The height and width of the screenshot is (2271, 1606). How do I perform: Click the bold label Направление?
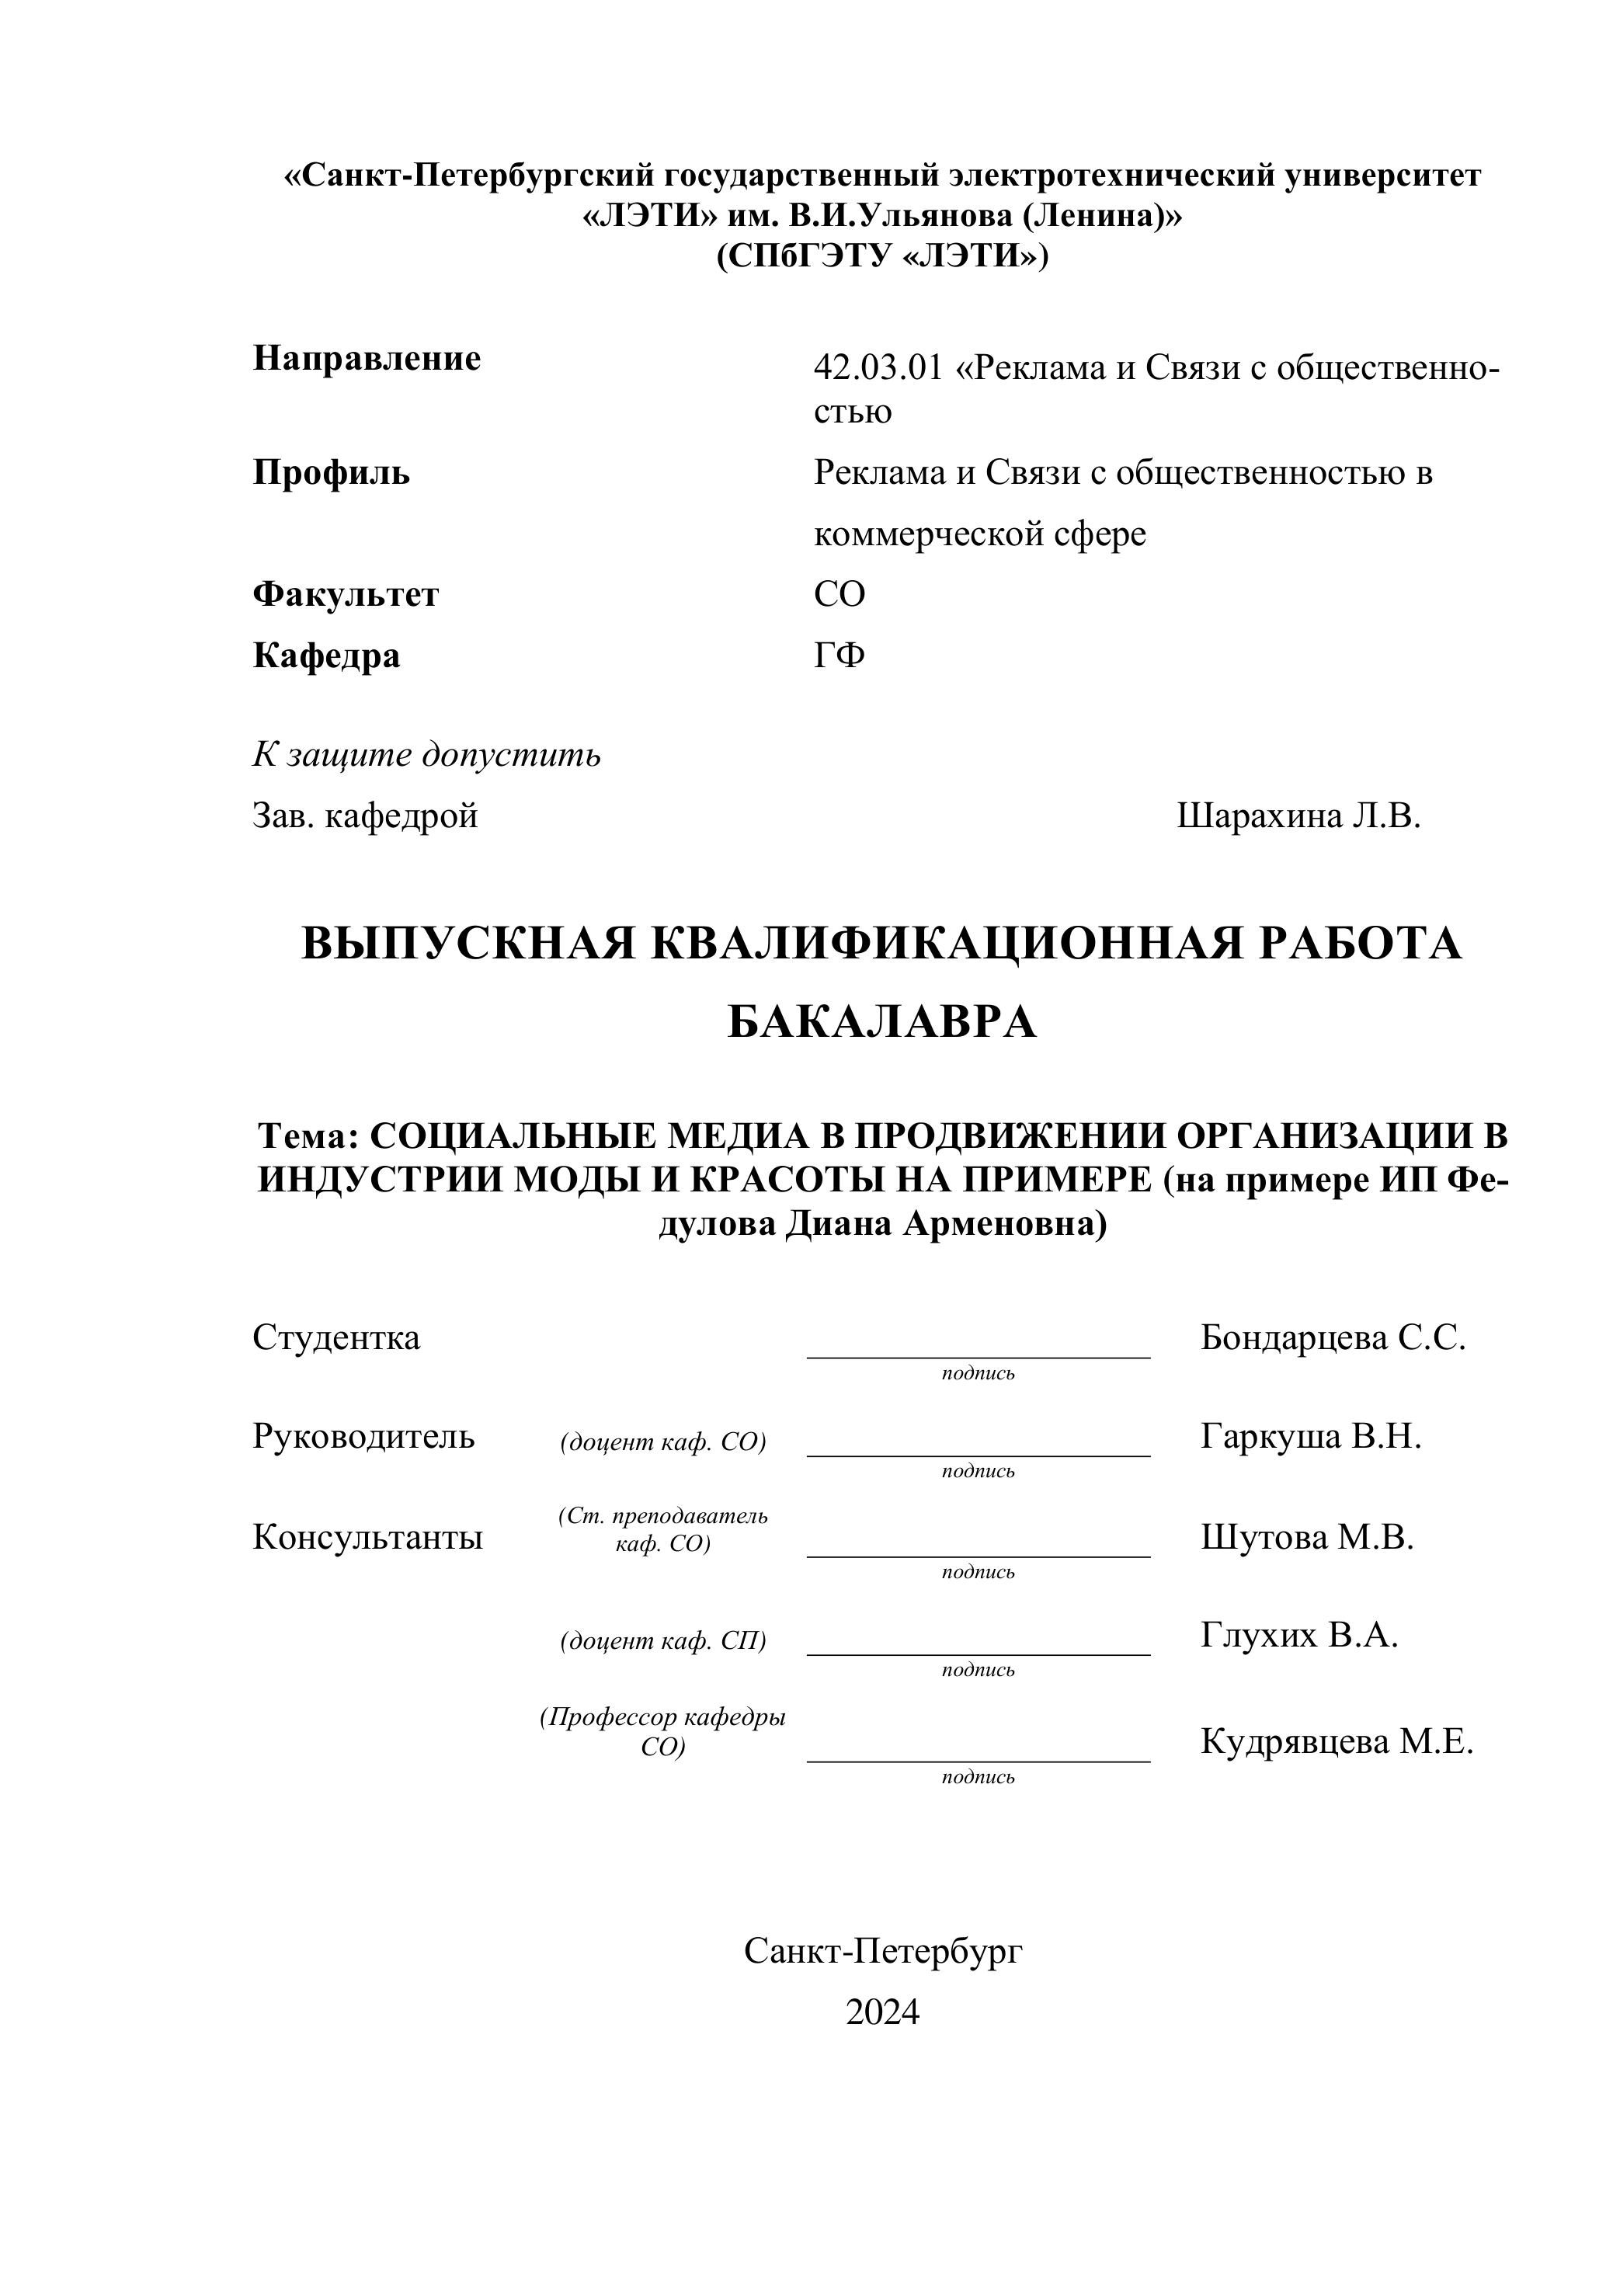[367, 358]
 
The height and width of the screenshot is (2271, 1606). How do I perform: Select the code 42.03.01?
[878, 368]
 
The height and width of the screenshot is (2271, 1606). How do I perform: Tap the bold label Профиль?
[332, 473]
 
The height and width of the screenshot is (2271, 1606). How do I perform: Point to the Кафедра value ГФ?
[839, 655]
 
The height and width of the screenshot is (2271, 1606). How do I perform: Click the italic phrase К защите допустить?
[426, 755]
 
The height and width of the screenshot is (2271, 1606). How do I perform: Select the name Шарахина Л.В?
[1298, 816]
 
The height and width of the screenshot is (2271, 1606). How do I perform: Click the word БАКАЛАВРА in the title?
[881, 1022]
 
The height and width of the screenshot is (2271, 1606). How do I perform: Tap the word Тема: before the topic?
[307, 1135]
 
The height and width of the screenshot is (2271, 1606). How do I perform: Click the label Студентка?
[336, 1337]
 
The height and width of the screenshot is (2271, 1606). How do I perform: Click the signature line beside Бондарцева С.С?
[978, 1356]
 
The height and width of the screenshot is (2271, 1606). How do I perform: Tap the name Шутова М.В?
[1307, 1536]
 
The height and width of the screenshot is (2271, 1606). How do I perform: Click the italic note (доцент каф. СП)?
[662, 1641]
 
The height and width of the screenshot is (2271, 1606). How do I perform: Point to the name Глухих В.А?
[1299, 1635]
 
